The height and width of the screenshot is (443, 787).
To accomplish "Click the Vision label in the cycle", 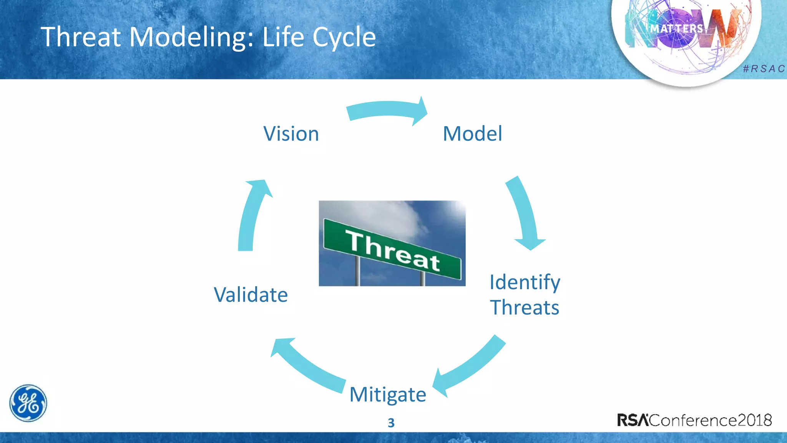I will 291,134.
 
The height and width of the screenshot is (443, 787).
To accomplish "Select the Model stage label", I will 472,134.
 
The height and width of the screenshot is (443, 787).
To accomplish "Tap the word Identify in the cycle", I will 525,283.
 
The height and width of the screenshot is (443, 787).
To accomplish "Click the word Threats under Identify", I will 525,308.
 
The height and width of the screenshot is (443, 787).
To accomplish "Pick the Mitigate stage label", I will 387,395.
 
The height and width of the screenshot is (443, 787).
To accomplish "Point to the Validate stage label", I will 251,295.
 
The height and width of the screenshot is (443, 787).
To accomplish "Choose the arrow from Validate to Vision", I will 252,215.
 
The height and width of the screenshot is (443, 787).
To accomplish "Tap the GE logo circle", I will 28,403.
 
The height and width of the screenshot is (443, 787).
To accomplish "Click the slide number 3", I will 391,423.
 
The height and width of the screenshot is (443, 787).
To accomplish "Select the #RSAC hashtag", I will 764,69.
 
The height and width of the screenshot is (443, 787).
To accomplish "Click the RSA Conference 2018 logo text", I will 694,420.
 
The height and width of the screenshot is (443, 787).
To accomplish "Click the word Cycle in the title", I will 344,38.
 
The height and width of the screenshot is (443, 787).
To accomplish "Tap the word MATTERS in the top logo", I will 676,29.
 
